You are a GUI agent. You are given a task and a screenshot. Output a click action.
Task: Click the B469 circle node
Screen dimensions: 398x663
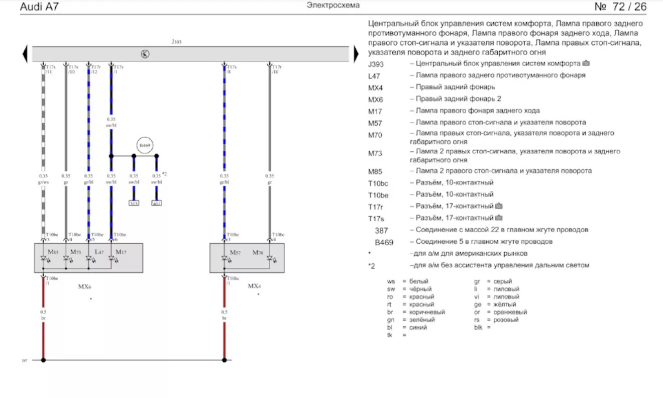145,145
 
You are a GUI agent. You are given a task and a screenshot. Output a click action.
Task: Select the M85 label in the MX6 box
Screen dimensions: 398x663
53,251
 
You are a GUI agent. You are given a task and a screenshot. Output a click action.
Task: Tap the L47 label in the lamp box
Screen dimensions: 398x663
99,251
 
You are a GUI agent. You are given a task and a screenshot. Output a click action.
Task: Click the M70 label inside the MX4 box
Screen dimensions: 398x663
258,251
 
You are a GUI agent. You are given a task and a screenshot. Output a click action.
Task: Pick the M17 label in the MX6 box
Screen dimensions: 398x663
122,251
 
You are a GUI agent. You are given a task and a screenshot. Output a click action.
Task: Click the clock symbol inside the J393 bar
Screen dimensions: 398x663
145,54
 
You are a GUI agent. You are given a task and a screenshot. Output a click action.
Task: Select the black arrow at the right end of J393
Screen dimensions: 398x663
356,54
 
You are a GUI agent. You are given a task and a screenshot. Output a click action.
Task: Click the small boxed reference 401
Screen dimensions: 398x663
157,204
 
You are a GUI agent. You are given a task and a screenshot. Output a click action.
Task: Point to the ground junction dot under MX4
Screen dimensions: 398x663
225,360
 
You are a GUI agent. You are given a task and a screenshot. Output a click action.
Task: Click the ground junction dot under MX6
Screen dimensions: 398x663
43,360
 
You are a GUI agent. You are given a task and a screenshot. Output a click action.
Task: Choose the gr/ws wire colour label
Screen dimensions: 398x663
43,182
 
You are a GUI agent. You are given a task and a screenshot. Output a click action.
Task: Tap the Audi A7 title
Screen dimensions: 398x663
39,8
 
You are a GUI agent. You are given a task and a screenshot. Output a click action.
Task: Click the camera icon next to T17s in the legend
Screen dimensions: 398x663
499,218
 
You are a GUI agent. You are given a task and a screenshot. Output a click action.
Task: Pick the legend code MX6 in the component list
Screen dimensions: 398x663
376,99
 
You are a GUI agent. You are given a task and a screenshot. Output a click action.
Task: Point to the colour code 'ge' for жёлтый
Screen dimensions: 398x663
477,305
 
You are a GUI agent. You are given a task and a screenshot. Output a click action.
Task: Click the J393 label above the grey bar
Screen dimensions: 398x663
176,42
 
